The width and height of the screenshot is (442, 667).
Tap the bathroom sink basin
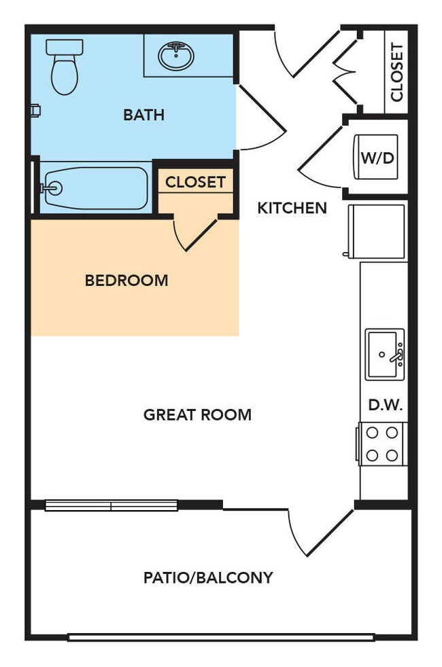tap(176, 56)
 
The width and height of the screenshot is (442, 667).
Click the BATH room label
tap(143, 115)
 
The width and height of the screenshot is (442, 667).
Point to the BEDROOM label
tap(126, 280)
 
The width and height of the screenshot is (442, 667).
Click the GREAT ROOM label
tap(197, 414)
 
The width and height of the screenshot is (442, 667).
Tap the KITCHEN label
tap(292, 208)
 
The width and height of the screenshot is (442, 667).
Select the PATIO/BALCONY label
tap(208, 577)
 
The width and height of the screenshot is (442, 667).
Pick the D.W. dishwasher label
tap(386, 405)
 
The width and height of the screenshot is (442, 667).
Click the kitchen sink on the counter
tap(385, 355)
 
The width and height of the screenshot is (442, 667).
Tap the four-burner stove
tap(382, 444)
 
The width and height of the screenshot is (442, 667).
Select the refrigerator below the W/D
tap(377, 231)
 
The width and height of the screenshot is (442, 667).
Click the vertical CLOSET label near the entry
tap(396, 72)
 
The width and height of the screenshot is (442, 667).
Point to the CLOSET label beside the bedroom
tap(195, 182)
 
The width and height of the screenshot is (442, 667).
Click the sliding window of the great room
tap(112, 505)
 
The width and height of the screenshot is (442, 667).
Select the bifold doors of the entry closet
tap(346, 71)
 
